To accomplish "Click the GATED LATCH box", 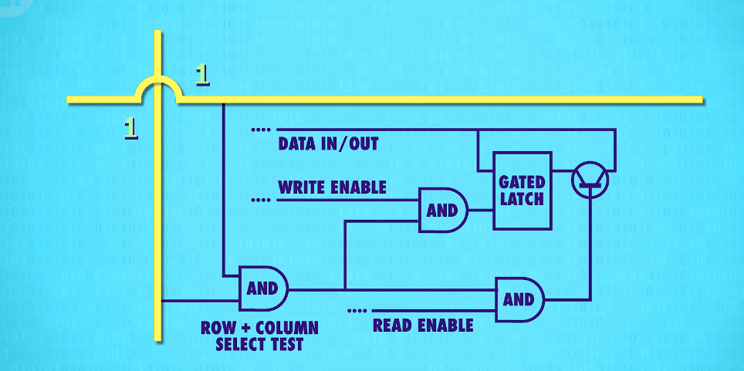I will point(522,190).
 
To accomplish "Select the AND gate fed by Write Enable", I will point(442,210).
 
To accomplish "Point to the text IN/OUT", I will point(352,143).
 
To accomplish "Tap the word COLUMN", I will point(284,327).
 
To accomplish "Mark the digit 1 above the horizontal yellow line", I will point(202,74).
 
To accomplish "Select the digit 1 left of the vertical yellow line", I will point(131,128).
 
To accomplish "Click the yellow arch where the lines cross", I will point(158,87).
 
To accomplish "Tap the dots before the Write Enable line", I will point(261,200).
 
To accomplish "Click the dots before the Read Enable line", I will point(357,311).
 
